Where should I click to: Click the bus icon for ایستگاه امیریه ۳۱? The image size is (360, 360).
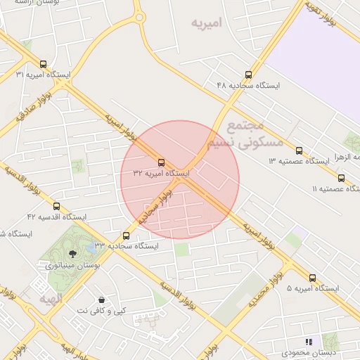click(x=44, y=63)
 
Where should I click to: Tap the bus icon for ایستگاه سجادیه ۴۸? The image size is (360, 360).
click(x=248, y=74)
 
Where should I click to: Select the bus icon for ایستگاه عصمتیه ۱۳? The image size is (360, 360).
click(x=300, y=150)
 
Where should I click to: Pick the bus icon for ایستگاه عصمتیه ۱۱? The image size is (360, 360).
click(x=342, y=178)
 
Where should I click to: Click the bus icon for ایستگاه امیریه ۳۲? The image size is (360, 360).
click(x=162, y=162)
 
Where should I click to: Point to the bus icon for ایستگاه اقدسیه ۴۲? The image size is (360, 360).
click(x=57, y=206)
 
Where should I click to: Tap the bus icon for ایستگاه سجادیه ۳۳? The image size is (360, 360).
click(x=127, y=236)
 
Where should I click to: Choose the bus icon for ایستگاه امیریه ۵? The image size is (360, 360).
click(x=313, y=278)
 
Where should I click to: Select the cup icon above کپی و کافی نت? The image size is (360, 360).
click(x=102, y=300)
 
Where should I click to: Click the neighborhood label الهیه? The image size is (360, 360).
click(x=51, y=300)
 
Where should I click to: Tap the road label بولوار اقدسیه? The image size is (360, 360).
click(x=180, y=297)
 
